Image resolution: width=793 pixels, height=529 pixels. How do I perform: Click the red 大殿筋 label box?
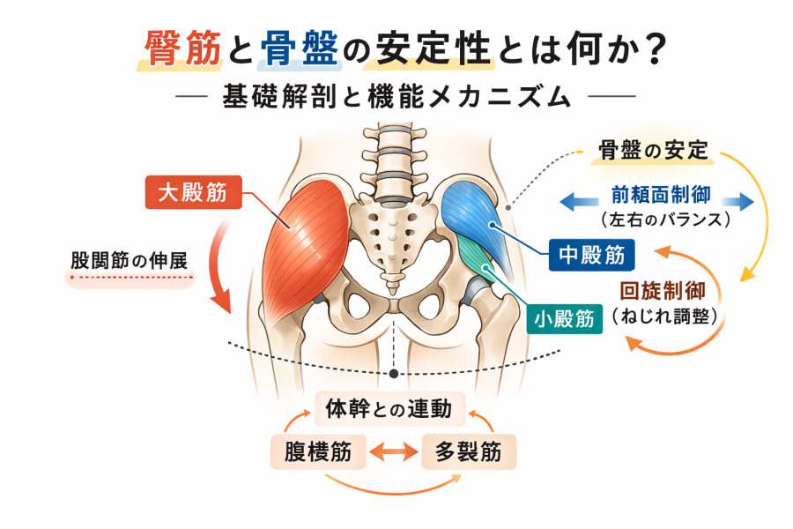[x=192, y=192]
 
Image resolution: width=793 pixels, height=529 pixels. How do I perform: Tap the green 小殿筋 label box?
[x=565, y=318]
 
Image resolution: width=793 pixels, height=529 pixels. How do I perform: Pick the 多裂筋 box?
[x=469, y=452]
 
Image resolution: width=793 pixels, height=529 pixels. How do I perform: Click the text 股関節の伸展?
[x=133, y=261]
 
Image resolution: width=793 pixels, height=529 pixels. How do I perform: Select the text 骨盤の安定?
[x=654, y=150]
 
